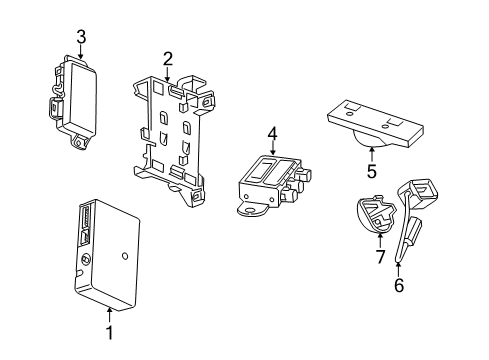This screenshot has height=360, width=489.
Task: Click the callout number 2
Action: (x=168, y=58)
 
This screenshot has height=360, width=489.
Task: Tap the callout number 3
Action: (x=81, y=36)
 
